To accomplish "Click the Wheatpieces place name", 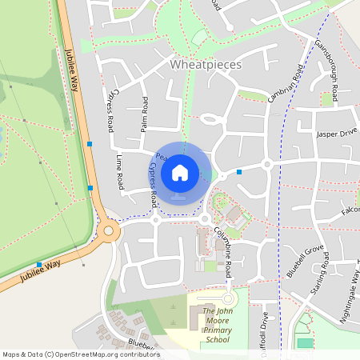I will [x=206, y=64].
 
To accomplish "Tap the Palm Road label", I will [x=145, y=114].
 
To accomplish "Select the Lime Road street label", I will [x=120, y=171].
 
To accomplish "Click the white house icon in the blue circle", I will [x=180, y=173].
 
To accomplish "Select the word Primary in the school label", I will [x=216, y=330].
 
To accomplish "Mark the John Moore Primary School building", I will [x=197, y=319].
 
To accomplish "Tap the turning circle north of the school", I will [x=227, y=298].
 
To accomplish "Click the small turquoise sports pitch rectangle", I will [x=305, y=343].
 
